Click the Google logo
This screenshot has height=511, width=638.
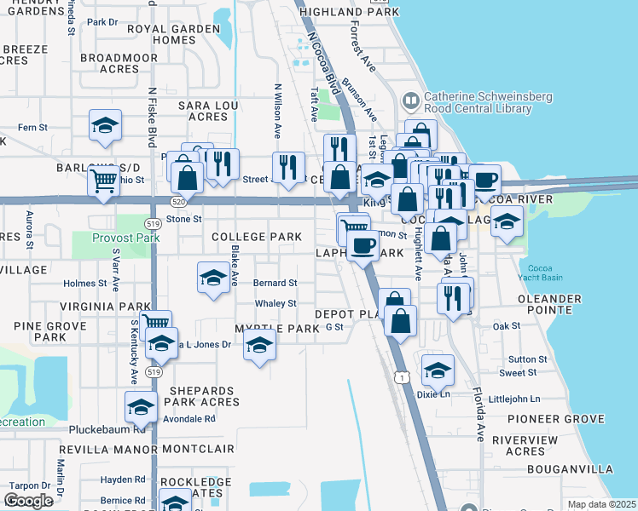(29, 501)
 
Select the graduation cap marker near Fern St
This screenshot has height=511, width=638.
(105, 126)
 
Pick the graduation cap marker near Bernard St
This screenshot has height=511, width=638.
(213, 277)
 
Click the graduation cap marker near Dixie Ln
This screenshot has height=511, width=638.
(438, 370)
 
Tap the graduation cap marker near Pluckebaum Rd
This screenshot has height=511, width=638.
(141, 406)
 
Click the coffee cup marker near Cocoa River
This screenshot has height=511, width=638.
(484, 180)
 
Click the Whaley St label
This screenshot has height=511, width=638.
(275, 304)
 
